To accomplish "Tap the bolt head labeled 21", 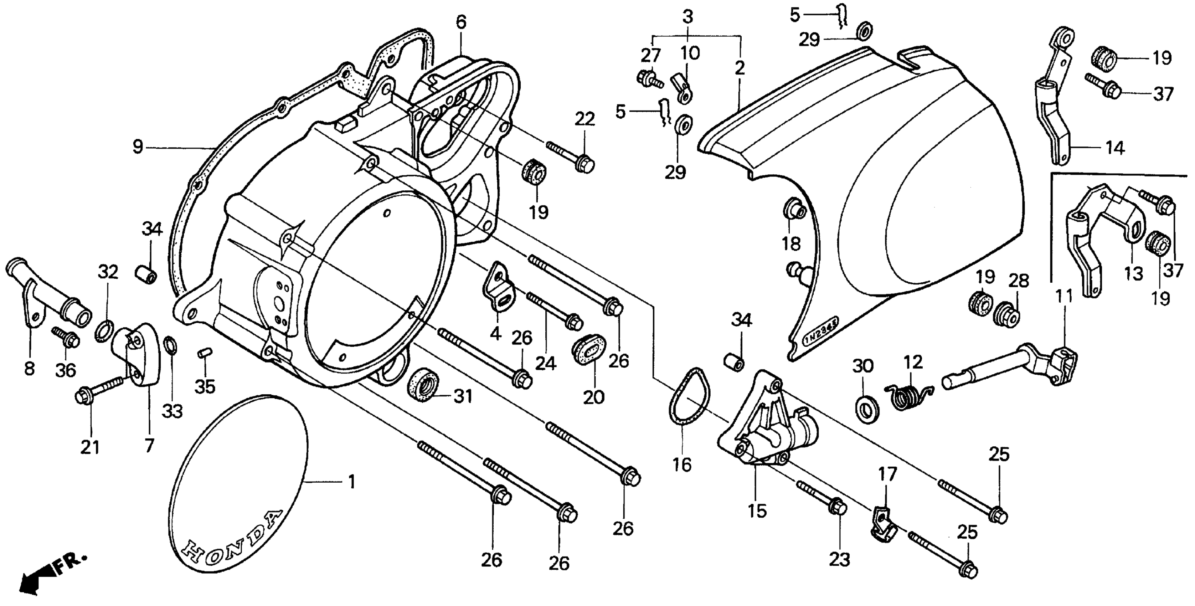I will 83,397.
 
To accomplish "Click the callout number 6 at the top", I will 461,22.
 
